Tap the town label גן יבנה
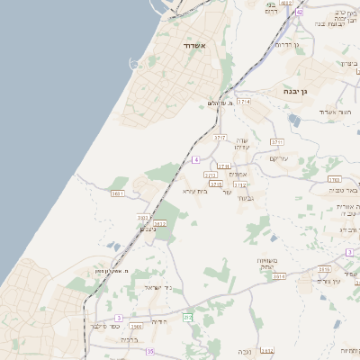[x=293, y=91]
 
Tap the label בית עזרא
[x=195, y=191]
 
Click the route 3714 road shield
[x=242, y=102]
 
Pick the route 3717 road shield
[x=220, y=138]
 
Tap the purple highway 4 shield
[x=196, y=159]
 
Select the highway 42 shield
[x=299, y=13]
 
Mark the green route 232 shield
[x=188, y=317]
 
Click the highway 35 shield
[x=150, y=351]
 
